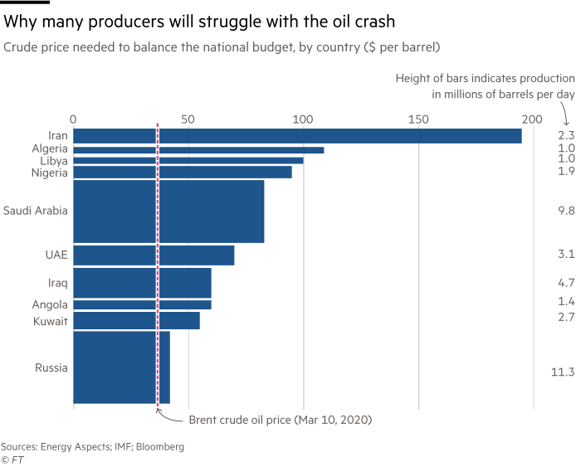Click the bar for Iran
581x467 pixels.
pyautogui.click(x=297, y=136)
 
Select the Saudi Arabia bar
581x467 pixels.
pyautogui.click(x=169, y=212)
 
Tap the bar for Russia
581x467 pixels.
pyautogui.click(x=122, y=367)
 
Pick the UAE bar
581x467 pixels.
pyautogui.click(x=154, y=255)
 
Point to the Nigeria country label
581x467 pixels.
pyautogui.click(x=49, y=172)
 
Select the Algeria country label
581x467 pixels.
pyautogui.click(x=50, y=148)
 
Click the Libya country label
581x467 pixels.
pyautogui.click(x=53, y=159)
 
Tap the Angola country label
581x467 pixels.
pyautogui.click(x=50, y=304)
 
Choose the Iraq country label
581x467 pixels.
pyautogui.click(x=58, y=283)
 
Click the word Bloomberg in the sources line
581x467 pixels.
pyautogui.click(x=159, y=446)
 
